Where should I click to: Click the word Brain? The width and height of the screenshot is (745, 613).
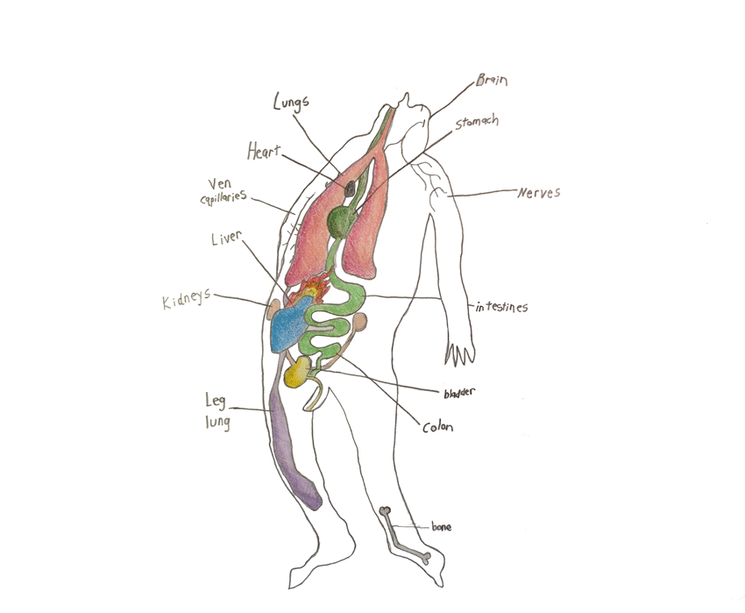tap(492, 81)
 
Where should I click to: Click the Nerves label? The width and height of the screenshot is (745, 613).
tap(538, 192)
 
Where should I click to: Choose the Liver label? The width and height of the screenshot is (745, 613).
tap(226, 239)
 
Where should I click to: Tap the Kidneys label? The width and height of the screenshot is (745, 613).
tap(186, 301)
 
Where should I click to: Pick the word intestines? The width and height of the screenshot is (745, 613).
tap(501, 308)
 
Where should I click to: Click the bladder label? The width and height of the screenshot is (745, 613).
tap(460, 392)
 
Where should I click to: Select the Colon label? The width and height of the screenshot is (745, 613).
tap(436, 428)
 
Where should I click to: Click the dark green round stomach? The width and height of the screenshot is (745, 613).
tap(340, 222)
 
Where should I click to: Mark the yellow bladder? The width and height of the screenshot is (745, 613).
tap(296, 374)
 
